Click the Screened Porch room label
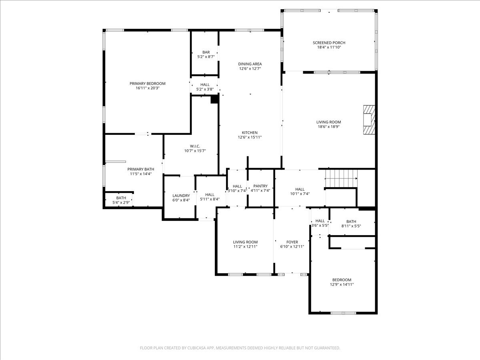click(x=329, y=43)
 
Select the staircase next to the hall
click(x=341, y=175)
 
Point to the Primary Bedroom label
click(x=147, y=84)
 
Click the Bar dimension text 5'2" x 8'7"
click(x=206, y=57)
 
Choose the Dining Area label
click(x=250, y=64)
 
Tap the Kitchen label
click(x=250, y=133)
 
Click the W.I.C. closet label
click(x=195, y=146)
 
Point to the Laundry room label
click(x=181, y=196)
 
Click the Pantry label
click(x=260, y=186)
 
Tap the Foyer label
click(x=292, y=242)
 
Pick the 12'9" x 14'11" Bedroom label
click(x=342, y=280)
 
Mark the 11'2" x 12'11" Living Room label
click(x=245, y=242)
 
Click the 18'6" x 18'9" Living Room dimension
click(x=329, y=127)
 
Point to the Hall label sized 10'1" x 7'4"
click(x=300, y=189)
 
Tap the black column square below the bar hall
click(x=214, y=99)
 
